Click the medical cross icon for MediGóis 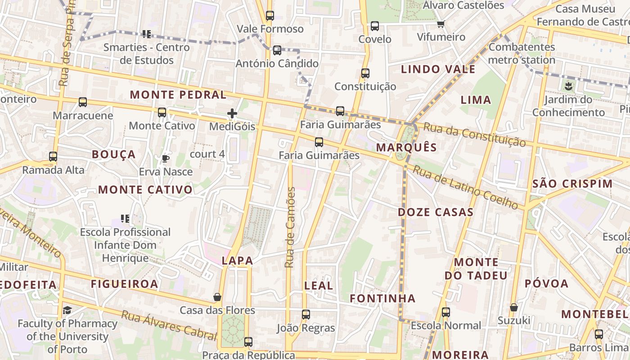(x=232, y=113)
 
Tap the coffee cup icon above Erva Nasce (x=166, y=158)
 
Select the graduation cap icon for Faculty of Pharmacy (x=67, y=310)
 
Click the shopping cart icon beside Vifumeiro (x=441, y=24)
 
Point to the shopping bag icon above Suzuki (x=513, y=307)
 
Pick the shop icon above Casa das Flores (x=217, y=297)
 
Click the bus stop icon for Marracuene (x=83, y=102)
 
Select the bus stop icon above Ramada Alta (x=53, y=157)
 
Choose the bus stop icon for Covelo (x=375, y=26)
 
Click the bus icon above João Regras (x=306, y=315)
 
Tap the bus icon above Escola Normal (x=446, y=312)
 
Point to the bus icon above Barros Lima (x=598, y=334)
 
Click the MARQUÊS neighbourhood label (x=406, y=148)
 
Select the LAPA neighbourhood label (x=237, y=261)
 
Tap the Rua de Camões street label (x=290, y=227)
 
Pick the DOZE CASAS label (x=436, y=212)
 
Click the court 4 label (x=207, y=154)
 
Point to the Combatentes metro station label (x=522, y=53)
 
